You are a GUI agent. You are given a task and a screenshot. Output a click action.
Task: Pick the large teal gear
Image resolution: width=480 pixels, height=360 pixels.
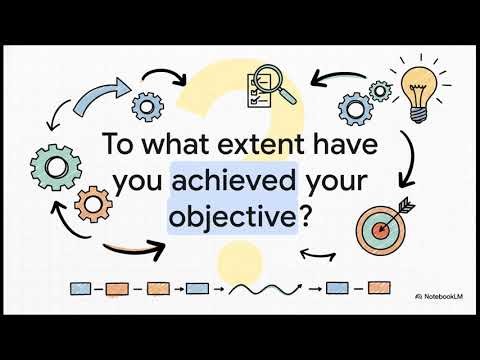[56, 166]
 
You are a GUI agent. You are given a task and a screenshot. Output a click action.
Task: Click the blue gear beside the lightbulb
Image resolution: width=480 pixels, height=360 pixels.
[357, 107]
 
